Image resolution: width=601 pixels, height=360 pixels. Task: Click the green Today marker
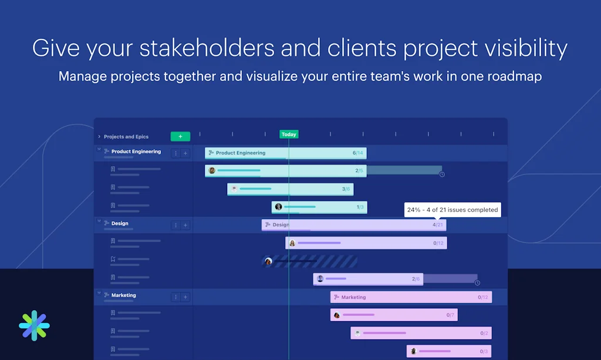coord(289,134)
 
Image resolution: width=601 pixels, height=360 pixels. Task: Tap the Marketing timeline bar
coord(411,297)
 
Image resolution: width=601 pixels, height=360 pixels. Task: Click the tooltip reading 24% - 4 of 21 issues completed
coord(453,210)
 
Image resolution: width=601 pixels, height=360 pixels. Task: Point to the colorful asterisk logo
coord(34,325)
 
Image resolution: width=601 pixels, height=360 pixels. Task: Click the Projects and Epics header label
coord(126,137)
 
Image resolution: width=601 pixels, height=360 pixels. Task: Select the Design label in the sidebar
coord(120,224)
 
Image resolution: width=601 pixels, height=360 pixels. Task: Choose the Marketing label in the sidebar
coord(123,295)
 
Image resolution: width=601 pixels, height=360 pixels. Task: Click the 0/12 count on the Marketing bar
coord(483,297)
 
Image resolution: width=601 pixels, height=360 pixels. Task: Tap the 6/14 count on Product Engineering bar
coord(358,153)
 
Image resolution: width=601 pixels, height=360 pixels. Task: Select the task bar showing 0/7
coord(394,315)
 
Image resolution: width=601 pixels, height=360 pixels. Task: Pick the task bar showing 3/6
coord(290,189)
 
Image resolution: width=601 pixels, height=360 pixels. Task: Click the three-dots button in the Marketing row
coord(175,297)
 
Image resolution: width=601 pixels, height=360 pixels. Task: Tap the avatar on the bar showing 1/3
coord(279,207)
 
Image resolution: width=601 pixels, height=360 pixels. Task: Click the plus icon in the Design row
coord(185,226)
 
